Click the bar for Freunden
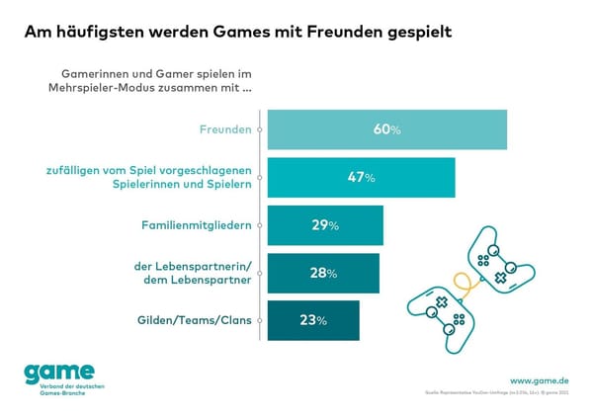pos(386,129)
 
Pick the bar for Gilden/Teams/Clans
pos(312,320)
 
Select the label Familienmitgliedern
pos(196,225)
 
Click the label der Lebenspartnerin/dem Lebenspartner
pos(194,273)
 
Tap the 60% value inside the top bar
pos(386,129)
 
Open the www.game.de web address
pos(539,380)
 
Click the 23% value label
pos(312,320)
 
